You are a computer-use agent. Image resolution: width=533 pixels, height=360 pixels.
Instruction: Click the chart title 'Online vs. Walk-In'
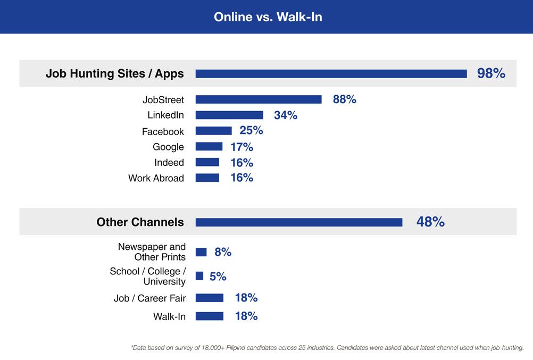point(268,17)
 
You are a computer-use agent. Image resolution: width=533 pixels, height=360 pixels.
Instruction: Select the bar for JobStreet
point(259,99)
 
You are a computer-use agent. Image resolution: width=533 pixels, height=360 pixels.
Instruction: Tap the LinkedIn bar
point(229,115)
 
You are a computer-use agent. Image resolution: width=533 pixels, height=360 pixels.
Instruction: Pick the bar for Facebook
point(213,131)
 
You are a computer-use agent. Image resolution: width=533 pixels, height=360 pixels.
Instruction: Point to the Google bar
point(209,147)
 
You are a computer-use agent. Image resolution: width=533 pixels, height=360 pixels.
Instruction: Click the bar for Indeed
point(207,162)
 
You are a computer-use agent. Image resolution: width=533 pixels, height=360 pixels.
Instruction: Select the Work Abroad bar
point(207,178)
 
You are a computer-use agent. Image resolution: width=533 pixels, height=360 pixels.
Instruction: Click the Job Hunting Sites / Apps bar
point(331,74)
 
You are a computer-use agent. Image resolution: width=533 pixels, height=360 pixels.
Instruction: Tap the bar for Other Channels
point(298,222)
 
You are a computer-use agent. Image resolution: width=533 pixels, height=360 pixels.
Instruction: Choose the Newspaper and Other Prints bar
point(201,252)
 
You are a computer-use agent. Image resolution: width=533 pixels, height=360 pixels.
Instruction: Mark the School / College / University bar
point(199,276)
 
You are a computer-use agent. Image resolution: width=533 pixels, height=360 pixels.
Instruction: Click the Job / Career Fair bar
point(209,298)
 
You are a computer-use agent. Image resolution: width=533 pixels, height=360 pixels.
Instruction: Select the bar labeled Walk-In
point(209,316)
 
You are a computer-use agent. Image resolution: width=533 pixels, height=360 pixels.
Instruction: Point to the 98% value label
point(491,73)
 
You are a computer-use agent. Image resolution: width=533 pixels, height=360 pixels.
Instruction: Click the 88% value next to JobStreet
point(344,99)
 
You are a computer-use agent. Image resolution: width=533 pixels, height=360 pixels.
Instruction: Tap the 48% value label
point(430,222)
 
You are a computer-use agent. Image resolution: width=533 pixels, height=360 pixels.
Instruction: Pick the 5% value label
point(218,277)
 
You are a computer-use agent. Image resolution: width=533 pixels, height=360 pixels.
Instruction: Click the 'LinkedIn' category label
point(165,115)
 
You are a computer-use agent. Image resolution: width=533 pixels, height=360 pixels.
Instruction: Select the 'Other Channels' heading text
point(140,222)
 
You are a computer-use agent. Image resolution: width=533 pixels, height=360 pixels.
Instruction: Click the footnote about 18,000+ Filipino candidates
point(327,348)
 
